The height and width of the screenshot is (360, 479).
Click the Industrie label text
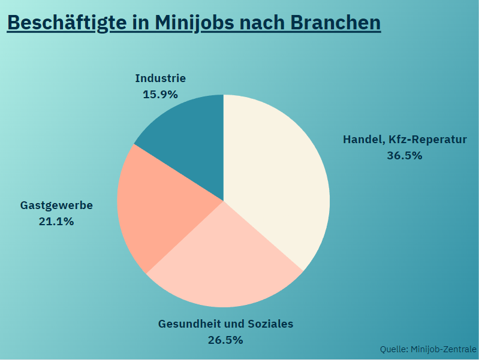point(160,78)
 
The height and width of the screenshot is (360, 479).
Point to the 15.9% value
point(160,94)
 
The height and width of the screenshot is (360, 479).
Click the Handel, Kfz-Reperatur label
point(405,140)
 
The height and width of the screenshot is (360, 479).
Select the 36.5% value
point(405,156)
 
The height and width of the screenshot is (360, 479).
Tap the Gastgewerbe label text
point(56,205)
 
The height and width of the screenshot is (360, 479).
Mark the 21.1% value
point(56,222)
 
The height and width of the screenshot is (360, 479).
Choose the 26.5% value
point(225,340)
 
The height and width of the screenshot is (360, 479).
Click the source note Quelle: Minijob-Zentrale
point(428,349)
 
